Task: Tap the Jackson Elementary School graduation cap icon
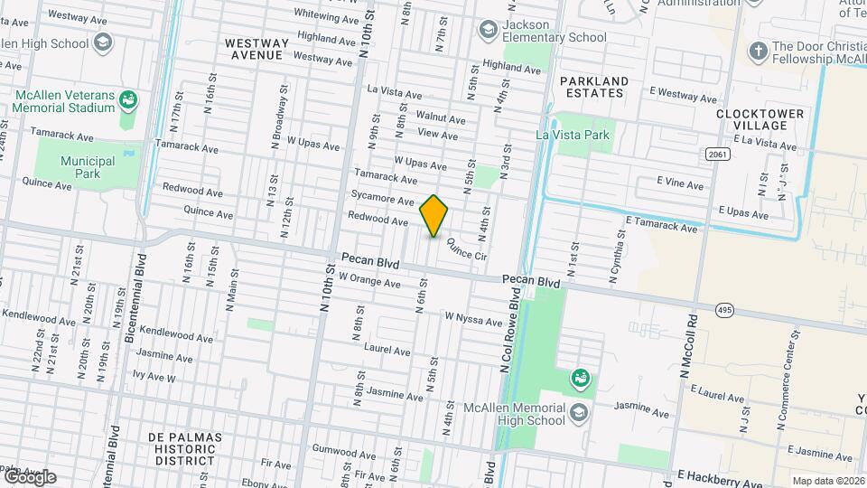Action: pos(489,31)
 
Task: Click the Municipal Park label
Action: pos(82,167)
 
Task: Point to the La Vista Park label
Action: pos(573,136)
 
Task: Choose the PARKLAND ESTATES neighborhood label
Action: pos(592,87)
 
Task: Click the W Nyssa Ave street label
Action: pos(472,318)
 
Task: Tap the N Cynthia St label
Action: pos(617,257)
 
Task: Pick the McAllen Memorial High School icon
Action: pos(578,413)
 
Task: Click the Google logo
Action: pos(29,477)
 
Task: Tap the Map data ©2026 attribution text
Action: pos(827,481)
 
